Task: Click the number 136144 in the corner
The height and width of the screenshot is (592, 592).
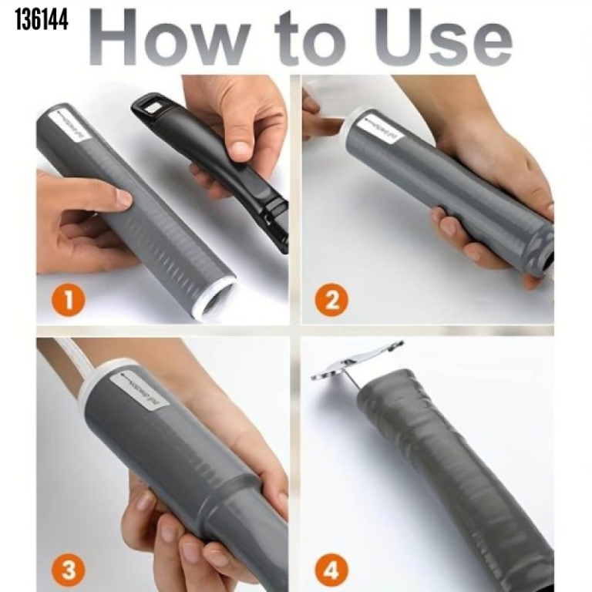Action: coord(42,20)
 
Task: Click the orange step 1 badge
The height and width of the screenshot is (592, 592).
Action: coord(69,299)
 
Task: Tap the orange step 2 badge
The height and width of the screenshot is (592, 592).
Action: coord(331,299)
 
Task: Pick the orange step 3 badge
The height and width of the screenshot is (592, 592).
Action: coord(69,570)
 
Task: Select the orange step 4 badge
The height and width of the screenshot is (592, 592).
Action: coord(331,570)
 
